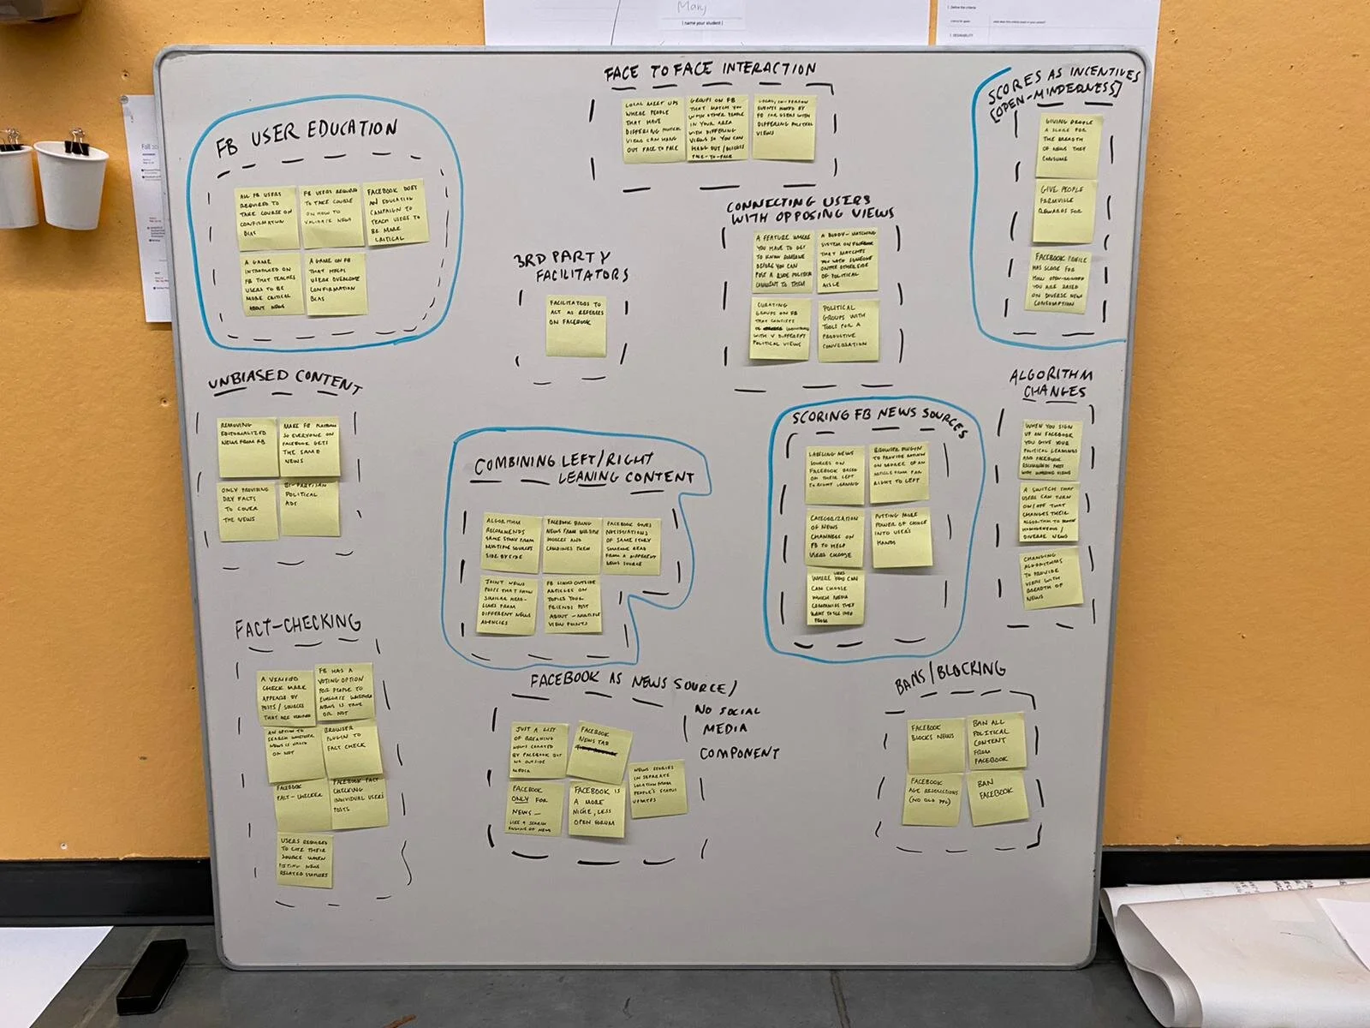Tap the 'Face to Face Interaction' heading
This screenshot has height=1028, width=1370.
click(710, 71)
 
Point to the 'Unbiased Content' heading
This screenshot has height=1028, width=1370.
click(285, 382)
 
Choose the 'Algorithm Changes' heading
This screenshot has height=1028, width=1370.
click(1051, 384)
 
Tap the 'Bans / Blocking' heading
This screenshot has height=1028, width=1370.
click(950, 676)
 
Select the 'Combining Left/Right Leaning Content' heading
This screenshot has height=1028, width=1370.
click(585, 469)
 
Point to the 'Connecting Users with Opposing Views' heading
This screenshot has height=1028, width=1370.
click(811, 208)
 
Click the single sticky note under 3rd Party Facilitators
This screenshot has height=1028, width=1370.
click(575, 326)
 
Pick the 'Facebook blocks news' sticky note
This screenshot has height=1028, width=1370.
click(935, 744)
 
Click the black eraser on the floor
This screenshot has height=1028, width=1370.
click(152, 974)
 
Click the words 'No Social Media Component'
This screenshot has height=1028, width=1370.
click(738, 732)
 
